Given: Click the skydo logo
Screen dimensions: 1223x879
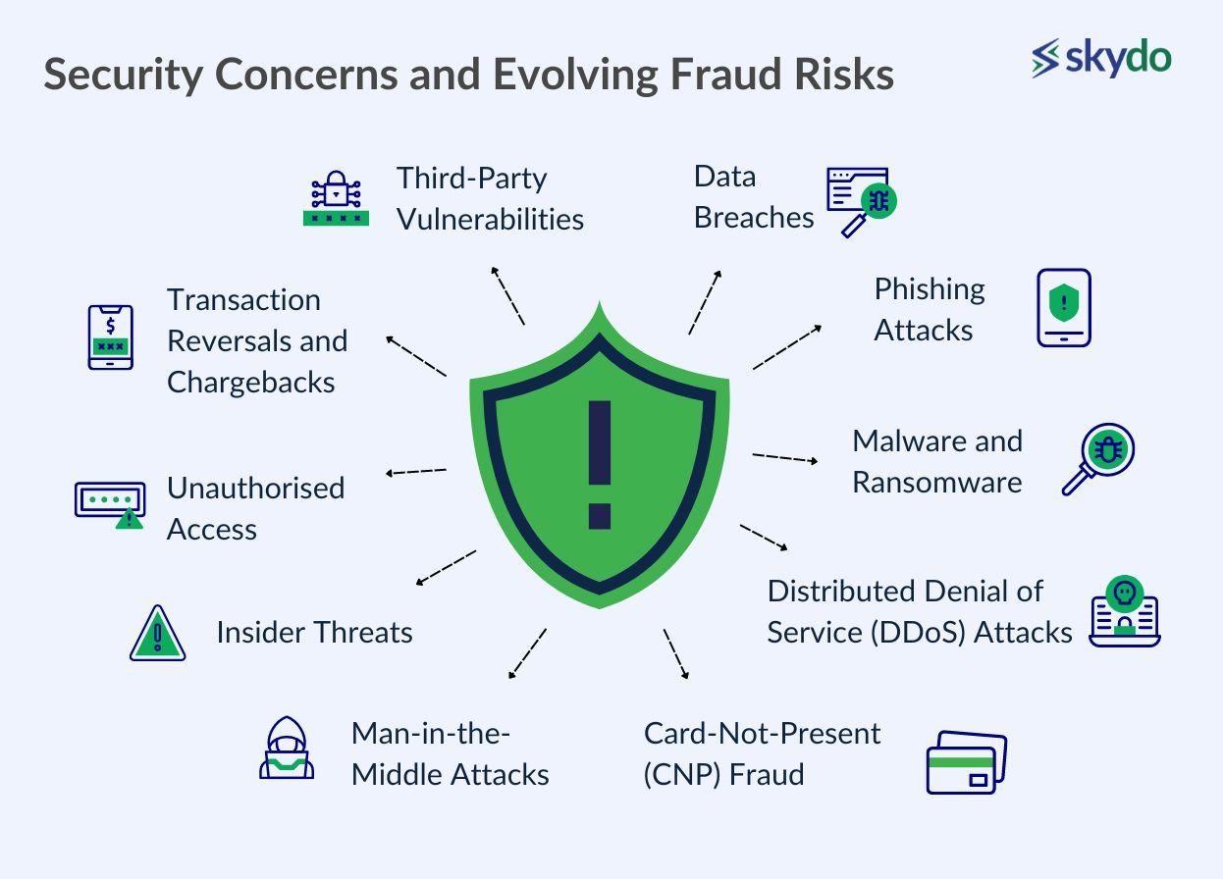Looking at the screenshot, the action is [x=1101, y=58].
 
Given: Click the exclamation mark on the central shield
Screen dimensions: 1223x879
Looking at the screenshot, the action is [x=600, y=465].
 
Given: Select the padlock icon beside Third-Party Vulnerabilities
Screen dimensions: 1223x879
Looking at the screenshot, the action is [x=336, y=198].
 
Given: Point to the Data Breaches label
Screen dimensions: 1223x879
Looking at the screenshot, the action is [x=754, y=197].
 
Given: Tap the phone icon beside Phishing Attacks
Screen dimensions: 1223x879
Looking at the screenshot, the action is [x=1064, y=307].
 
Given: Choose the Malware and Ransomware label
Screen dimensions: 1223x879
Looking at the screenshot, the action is [x=937, y=462].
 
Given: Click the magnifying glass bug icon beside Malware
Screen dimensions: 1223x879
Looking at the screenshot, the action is [x=1098, y=459].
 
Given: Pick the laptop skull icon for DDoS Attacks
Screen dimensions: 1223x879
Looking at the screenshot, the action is [x=1125, y=611].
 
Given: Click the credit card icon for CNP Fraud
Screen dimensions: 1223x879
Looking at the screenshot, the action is [x=967, y=762].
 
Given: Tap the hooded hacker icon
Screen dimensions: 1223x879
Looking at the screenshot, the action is [x=287, y=747].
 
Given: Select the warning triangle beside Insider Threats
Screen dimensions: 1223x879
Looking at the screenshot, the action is [x=158, y=633].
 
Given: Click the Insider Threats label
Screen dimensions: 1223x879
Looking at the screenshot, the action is [x=314, y=633].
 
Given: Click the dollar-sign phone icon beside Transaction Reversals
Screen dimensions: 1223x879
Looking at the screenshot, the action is [x=110, y=337].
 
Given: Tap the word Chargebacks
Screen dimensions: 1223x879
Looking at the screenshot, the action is [x=251, y=382].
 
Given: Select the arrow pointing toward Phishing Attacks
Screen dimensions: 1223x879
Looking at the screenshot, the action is [x=787, y=347].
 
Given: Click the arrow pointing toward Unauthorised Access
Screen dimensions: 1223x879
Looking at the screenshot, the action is [x=415, y=472].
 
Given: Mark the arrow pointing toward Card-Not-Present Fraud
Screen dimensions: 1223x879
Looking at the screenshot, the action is [x=676, y=654].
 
